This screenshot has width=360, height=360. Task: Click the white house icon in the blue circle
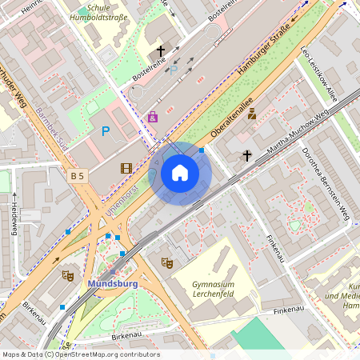180,173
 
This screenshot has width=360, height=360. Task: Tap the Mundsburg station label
112,283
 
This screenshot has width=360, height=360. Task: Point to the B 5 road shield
78,175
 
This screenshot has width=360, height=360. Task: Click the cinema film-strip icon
126,168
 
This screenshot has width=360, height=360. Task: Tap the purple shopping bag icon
153,117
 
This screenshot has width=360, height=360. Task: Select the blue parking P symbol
106,130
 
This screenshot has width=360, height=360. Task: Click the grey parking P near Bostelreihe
174,70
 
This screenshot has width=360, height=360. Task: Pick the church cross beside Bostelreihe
160,51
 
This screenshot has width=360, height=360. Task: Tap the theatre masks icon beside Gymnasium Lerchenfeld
166,262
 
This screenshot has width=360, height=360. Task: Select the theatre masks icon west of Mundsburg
68,275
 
